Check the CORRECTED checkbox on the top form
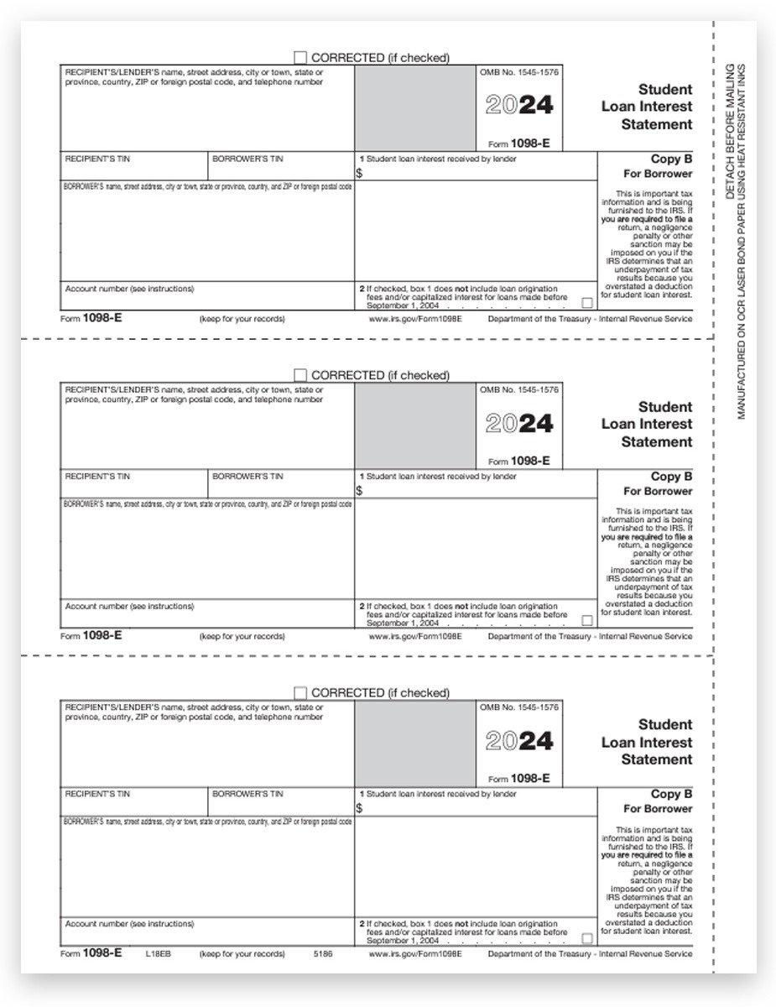pyautogui.click(x=300, y=57)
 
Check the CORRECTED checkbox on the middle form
pyautogui.click(x=300, y=375)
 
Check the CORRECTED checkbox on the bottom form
pyautogui.click(x=300, y=693)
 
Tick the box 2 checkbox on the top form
pyautogui.click(x=587, y=303)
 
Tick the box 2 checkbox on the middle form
pyautogui.click(x=587, y=620)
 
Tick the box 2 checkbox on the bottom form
pyautogui.click(x=587, y=938)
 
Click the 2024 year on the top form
pyautogui.click(x=519, y=106)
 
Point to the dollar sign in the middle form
pyautogui.click(x=359, y=491)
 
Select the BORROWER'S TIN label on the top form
pyautogui.click(x=247, y=159)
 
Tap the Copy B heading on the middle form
pyautogui.click(x=671, y=477)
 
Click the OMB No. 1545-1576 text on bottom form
pyautogui.click(x=518, y=708)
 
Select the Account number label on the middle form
pyautogui.click(x=129, y=606)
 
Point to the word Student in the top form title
pyautogui.click(x=665, y=89)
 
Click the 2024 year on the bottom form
pyautogui.click(x=519, y=741)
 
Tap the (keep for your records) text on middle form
pyautogui.click(x=242, y=636)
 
